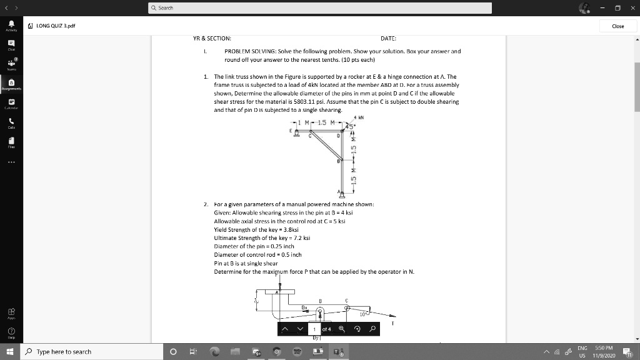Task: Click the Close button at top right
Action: click(617, 26)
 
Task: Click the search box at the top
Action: click(319, 7)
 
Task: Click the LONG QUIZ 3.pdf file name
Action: click(53, 26)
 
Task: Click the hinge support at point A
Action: click(341, 192)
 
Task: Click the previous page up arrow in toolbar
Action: click(285, 329)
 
